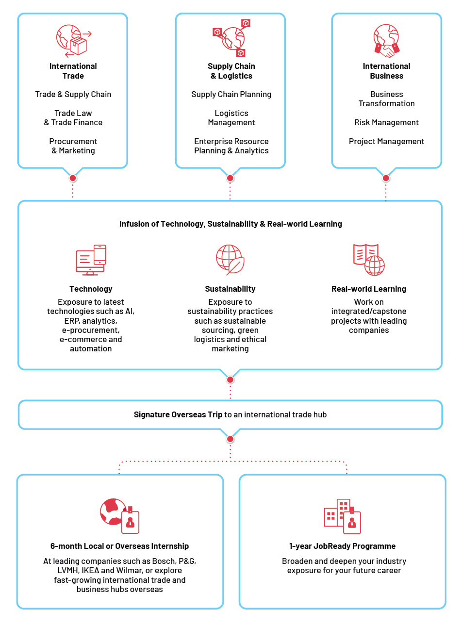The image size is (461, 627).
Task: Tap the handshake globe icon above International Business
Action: tap(386, 41)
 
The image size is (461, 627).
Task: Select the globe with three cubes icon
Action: tap(231, 38)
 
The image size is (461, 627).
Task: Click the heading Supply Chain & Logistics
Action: tap(231, 71)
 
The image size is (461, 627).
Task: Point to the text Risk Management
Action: tap(386, 123)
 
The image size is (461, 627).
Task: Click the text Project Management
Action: tap(386, 142)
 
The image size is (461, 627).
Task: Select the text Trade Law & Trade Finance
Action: tap(73, 118)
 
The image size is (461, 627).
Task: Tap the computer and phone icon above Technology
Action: tap(91, 260)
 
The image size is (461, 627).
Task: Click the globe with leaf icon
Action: tap(230, 260)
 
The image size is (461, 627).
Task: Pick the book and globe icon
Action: tap(369, 260)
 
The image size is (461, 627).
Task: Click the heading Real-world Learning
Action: tap(369, 289)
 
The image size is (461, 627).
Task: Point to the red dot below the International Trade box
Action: tap(73, 178)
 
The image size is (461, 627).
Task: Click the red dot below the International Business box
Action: tap(386, 178)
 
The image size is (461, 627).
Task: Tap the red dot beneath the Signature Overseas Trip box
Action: tap(230, 439)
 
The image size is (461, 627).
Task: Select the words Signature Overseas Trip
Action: tap(178, 414)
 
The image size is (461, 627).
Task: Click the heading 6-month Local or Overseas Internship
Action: tap(119, 546)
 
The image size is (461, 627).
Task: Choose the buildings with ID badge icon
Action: tap(342, 516)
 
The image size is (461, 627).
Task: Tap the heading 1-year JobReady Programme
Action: tap(342, 546)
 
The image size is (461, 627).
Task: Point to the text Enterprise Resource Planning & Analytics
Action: tap(231, 146)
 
